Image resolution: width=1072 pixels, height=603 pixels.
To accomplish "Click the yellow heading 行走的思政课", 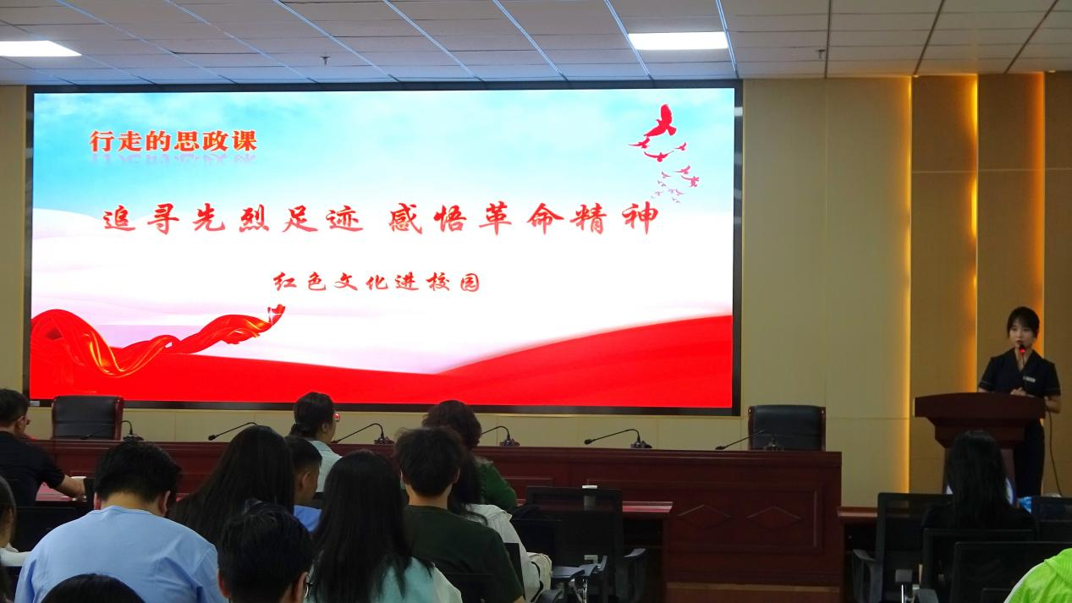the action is pyautogui.click(x=173, y=141).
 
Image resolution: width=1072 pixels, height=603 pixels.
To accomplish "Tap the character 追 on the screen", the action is pyautogui.click(x=119, y=219).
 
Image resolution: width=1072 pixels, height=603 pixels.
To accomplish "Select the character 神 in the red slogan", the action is pyautogui.click(x=640, y=218).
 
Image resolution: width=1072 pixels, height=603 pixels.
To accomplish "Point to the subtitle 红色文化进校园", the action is pyautogui.click(x=377, y=282).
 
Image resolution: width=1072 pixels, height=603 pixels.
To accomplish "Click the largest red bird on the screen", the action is pyautogui.click(x=662, y=122).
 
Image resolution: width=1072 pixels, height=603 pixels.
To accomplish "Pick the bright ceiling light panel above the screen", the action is pyautogui.click(x=679, y=41).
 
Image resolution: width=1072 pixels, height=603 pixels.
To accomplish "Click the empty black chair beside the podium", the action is pyautogui.click(x=787, y=428).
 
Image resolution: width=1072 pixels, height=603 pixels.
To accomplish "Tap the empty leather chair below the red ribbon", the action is pyautogui.click(x=87, y=417).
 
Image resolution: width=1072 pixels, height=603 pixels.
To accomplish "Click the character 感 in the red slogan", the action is pyautogui.click(x=405, y=218).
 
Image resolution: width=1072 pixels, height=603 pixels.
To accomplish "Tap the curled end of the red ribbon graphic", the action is pyautogui.click(x=276, y=313).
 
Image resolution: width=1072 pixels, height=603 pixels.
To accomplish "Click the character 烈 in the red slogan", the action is pyautogui.click(x=254, y=219).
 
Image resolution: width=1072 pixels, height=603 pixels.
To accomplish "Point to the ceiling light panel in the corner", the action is pyautogui.click(x=36, y=49).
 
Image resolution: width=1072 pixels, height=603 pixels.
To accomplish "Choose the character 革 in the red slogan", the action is pyautogui.click(x=495, y=218).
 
